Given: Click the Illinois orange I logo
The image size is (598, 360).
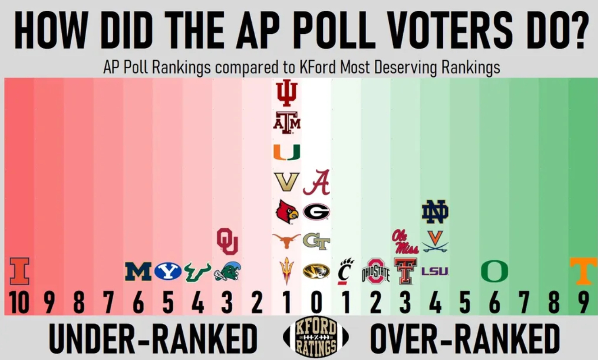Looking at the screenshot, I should [19, 271].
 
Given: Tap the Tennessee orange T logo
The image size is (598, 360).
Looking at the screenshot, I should [583, 271].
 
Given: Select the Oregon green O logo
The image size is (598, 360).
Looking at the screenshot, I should [494, 271].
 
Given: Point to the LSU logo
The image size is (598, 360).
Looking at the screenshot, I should [435, 271].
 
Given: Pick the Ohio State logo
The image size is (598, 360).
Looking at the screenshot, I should [376, 271].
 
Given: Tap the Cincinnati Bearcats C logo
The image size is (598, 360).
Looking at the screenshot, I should [345, 271].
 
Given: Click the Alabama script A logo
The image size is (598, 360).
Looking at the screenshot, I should [316, 182].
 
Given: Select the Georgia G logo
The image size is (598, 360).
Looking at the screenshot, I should [316, 212].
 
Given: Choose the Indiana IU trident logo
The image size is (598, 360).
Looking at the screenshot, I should [286, 93].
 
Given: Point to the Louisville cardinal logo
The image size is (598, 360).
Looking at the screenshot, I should [287, 212].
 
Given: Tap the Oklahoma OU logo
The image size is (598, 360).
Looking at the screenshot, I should [227, 241].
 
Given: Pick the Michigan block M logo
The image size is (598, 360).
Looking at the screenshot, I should [138, 271].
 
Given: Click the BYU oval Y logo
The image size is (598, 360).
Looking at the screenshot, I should [168, 271].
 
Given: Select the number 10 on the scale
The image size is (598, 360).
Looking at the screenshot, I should [19, 303].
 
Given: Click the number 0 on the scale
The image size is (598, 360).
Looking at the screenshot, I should [316, 303].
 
